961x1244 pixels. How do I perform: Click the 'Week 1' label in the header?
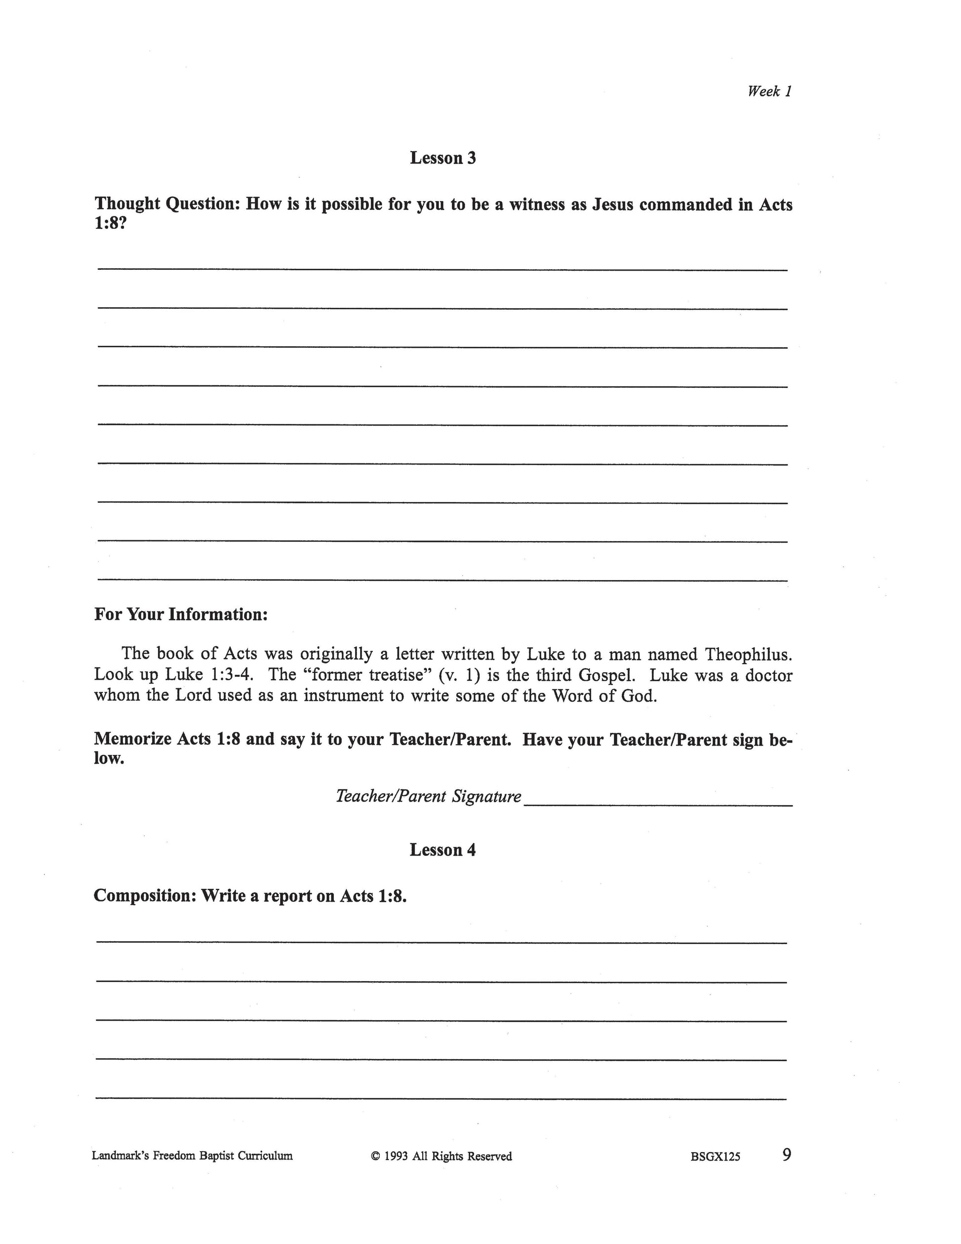[x=769, y=91]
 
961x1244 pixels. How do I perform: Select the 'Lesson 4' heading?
[x=442, y=850]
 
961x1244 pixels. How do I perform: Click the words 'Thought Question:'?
[x=168, y=204]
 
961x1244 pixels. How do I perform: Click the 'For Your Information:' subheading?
[x=180, y=615]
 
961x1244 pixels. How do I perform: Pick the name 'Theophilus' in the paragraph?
[x=748, y=654]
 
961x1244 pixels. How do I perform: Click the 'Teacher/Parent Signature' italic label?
[x=428, y=796]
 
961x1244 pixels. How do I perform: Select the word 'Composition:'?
[x=145, y=896]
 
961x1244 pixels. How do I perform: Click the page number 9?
[x=786, y=1155]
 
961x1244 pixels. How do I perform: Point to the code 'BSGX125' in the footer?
[x=715, y=1157]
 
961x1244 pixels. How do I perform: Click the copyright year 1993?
[x=396, y=1156]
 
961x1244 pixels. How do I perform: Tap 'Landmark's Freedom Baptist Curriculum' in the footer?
[x=192, y=1156]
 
